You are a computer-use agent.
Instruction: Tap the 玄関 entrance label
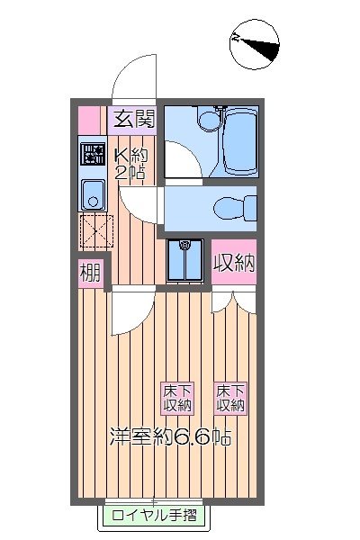[x=133, y=117]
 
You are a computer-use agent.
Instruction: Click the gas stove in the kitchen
[x=92, y=153]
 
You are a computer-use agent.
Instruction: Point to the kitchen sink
[x=92, y=193]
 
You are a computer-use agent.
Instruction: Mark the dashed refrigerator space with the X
[x=94, y=230]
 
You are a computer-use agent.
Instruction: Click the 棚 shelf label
[x=89, y=272]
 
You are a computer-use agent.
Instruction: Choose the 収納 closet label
[x=234, y=264]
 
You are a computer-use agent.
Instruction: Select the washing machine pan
[x=186, y=260]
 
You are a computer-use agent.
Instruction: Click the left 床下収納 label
[x=177, y=398]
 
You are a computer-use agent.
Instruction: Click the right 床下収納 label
[x=230, y=398]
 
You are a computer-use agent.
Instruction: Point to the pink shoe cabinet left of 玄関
[x=89, y=118]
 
